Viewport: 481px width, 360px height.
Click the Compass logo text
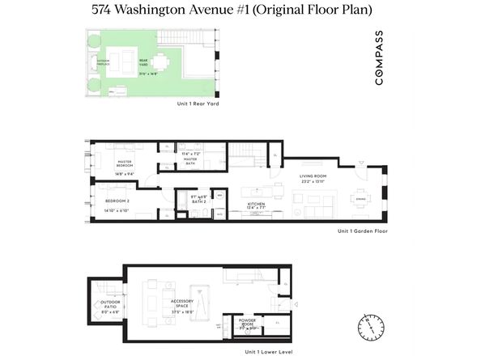pos(380,57)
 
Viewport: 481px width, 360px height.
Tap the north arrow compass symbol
pos(368,327)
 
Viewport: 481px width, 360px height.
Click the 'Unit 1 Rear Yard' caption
pos(198,104)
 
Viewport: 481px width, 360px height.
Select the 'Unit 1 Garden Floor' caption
pos(363,231)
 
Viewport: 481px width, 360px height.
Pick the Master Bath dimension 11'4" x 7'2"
pos(190,153)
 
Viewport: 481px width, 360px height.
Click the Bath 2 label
pos(199,201)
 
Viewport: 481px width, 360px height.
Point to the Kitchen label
pos(256,204)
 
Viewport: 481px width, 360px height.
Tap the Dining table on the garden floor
pos(360,197)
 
